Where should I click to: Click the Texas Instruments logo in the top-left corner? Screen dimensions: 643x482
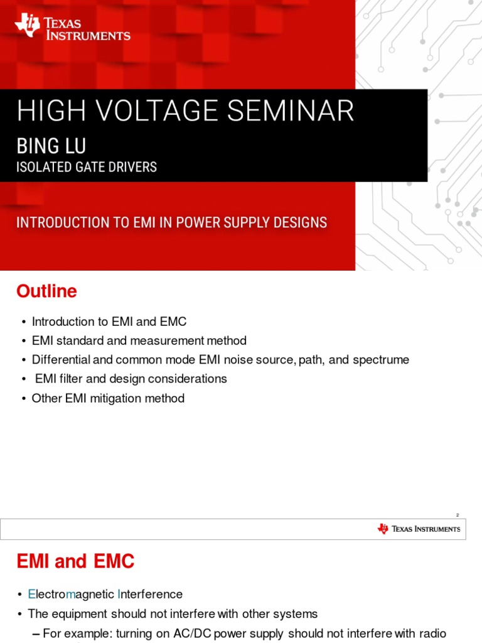72,27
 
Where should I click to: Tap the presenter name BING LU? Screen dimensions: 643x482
51,146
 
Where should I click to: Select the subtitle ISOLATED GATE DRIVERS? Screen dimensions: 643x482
87,167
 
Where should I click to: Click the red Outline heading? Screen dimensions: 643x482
46,291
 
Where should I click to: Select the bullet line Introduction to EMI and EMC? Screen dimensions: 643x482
109,321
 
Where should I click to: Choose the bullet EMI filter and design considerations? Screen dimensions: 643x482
131,379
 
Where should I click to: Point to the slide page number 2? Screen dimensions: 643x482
458,515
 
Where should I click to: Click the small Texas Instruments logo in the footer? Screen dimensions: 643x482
419,529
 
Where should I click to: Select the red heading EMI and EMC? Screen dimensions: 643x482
75,561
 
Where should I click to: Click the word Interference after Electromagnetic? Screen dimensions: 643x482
150,594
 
